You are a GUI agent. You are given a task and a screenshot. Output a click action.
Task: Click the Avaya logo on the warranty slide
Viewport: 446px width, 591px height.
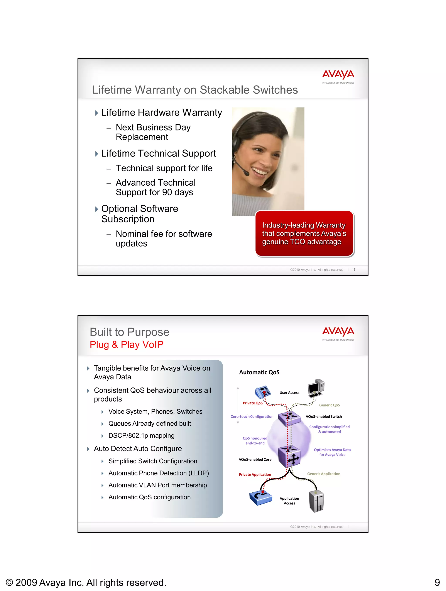pyautogui.click(x=338, y=76)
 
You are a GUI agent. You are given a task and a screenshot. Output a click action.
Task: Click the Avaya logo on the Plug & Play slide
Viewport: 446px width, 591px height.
pyautogui.click(x=338, y=333)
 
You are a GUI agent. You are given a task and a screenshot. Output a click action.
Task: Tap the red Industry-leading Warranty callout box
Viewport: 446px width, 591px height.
pyautogui.click(x=304, y=233)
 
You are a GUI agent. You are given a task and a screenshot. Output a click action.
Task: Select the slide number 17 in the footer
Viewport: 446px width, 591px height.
pyautogui.click(x=353, y=270)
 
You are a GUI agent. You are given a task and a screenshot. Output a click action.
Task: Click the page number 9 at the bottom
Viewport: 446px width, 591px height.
pyautogui.click(x=437, y=582)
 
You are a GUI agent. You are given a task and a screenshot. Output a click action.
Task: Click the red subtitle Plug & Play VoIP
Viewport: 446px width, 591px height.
pyautogui.click(x=126, y=344)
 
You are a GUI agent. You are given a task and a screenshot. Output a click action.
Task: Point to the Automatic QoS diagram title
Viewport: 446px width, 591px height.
pyautogui.click(x=259, y=372)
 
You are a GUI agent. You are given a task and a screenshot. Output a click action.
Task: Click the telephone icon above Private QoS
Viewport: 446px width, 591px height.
pyautogui.click(x=263, y=392)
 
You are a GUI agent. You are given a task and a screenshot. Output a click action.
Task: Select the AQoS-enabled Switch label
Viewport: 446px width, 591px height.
pyautogui.click(x=324, y=416)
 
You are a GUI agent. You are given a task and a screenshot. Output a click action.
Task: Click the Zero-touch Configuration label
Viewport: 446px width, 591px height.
pyautogui.click(x=252, y=416)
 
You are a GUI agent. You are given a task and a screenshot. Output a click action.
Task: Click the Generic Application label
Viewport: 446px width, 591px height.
pyautogui.click(x=324, y=474)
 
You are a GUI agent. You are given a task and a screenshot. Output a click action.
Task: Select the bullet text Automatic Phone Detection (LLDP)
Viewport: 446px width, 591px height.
pyautogui.click(x=158, y=473)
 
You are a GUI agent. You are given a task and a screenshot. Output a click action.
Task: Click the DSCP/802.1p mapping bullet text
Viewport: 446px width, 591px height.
pyautogui.click(x=141, y=435)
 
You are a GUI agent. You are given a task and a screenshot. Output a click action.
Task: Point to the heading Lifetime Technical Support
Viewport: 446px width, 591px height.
pyautogui.click(x=158, y=153)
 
